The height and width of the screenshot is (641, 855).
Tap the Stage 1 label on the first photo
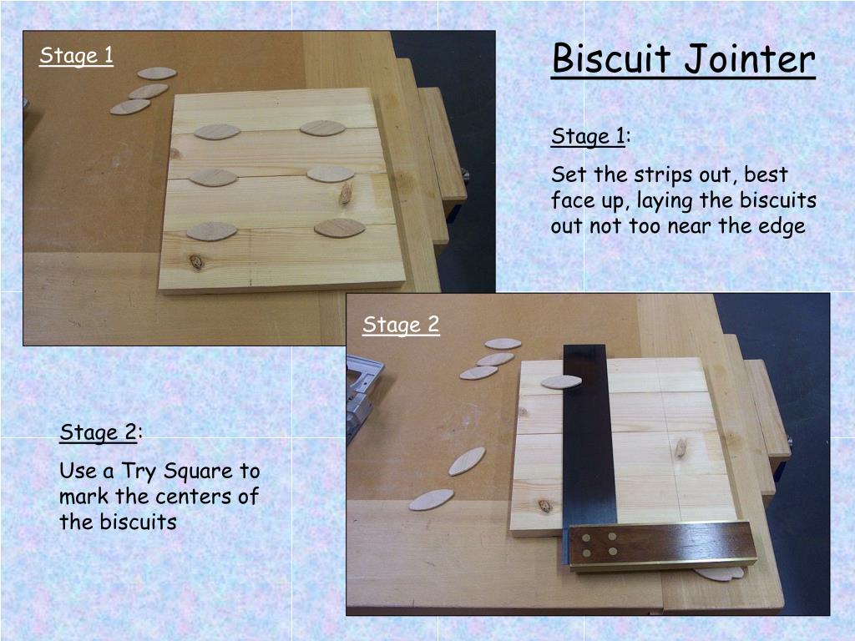coord(76,56)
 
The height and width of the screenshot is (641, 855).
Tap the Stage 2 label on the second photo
coord(401,325)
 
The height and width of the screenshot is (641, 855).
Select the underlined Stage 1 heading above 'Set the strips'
coord(588,136)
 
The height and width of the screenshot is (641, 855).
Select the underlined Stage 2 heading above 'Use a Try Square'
coord(98,433)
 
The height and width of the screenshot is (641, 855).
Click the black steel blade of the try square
coord(588,436)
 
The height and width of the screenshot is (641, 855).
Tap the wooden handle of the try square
coord(661,546)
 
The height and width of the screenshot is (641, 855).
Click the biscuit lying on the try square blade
coord(561,382)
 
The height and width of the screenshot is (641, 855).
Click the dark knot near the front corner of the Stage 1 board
coord(196,262)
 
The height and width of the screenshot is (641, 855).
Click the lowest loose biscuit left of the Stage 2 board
coord(431,500)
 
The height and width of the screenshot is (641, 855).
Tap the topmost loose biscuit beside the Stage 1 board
coord(157,73)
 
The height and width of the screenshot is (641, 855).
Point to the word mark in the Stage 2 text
coord(83,497)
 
